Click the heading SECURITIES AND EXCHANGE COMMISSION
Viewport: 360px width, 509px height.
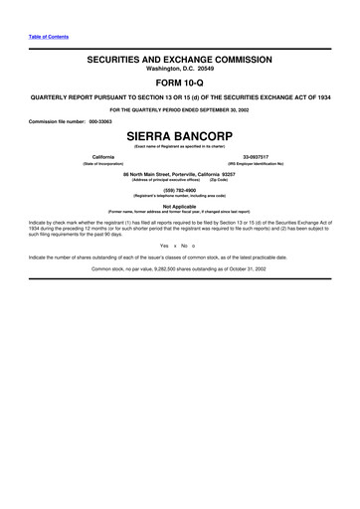pyautogui.click(x=180, y=60)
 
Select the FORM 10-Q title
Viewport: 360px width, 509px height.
pyautogui.click(x=180, y=85)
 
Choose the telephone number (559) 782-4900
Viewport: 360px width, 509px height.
pyautogui.click(x=180, y=189)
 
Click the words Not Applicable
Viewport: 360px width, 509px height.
pyautogui.click(x=180, y=206)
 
